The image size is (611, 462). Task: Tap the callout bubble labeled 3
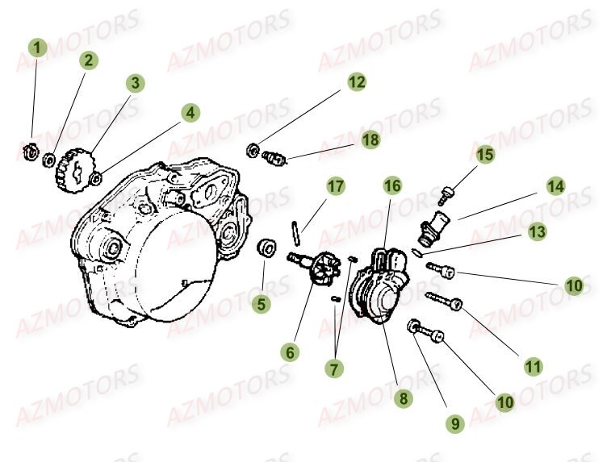(136, 83)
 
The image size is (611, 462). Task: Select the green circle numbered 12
(357, 81)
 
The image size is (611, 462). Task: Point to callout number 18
(370, 139)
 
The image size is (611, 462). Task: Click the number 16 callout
(391, 186)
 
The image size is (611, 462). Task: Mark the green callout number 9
(454, 422)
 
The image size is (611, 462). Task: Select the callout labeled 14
(555, 187)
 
